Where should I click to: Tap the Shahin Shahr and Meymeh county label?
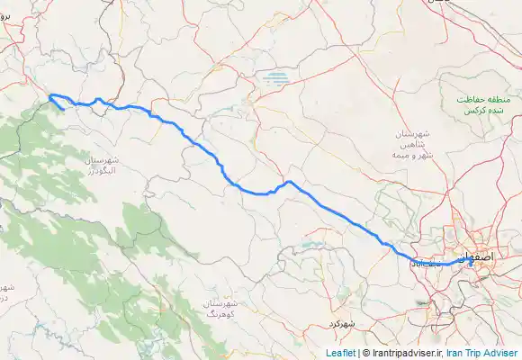[413, 144]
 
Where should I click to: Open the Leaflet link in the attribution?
[339, 353]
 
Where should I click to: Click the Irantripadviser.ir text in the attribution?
[404, 353]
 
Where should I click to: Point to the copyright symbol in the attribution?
[365, 353]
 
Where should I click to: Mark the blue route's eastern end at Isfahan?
[471, 261]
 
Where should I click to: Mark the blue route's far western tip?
[49, 94]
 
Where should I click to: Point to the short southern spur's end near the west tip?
[62, 111]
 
